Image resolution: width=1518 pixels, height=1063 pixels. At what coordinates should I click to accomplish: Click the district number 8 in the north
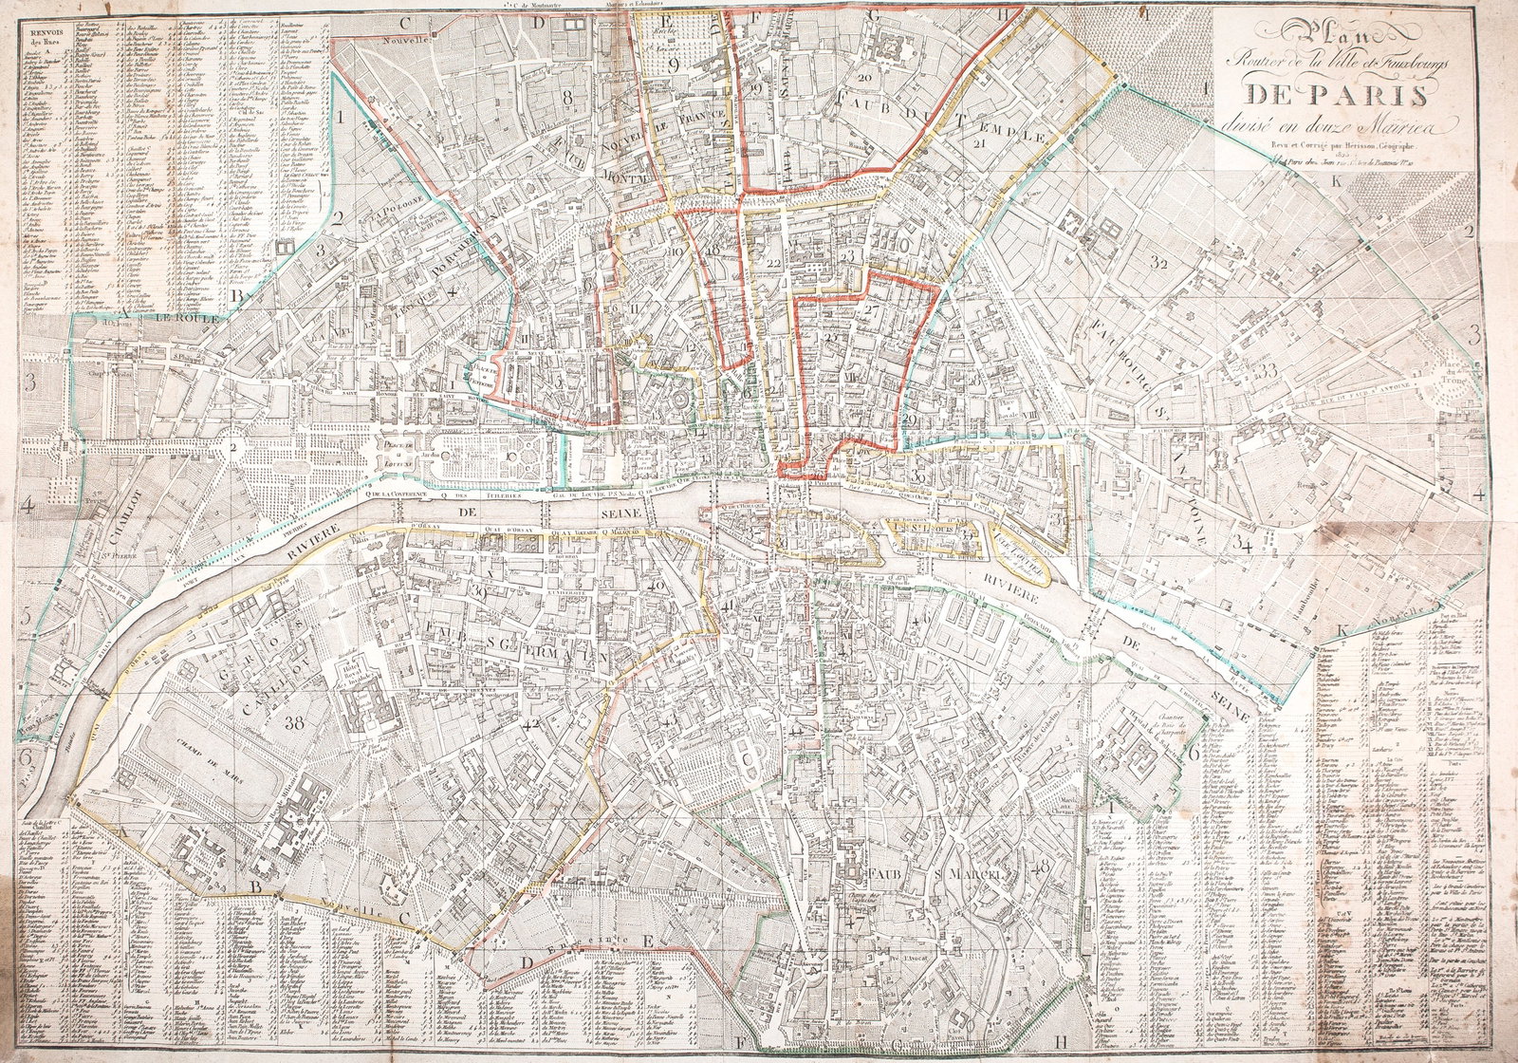point(567,95)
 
